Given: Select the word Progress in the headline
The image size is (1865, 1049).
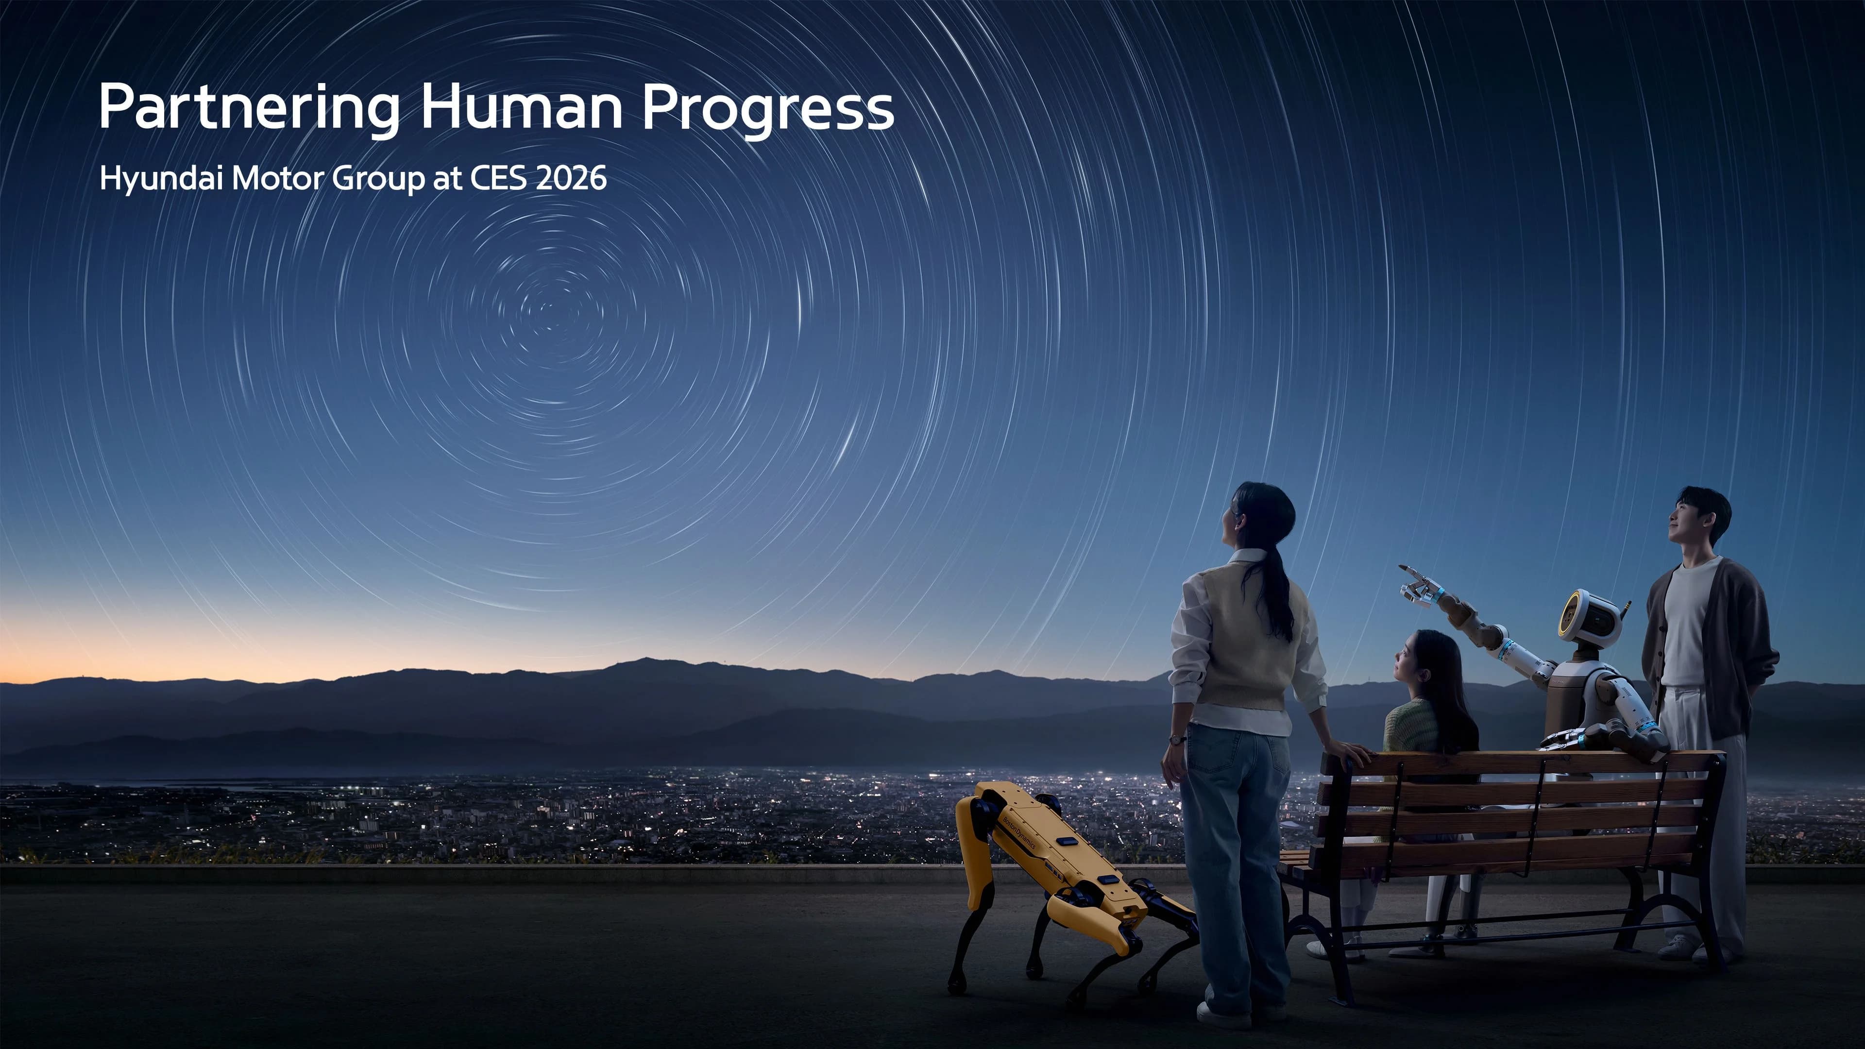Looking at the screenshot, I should pos(767,109).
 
